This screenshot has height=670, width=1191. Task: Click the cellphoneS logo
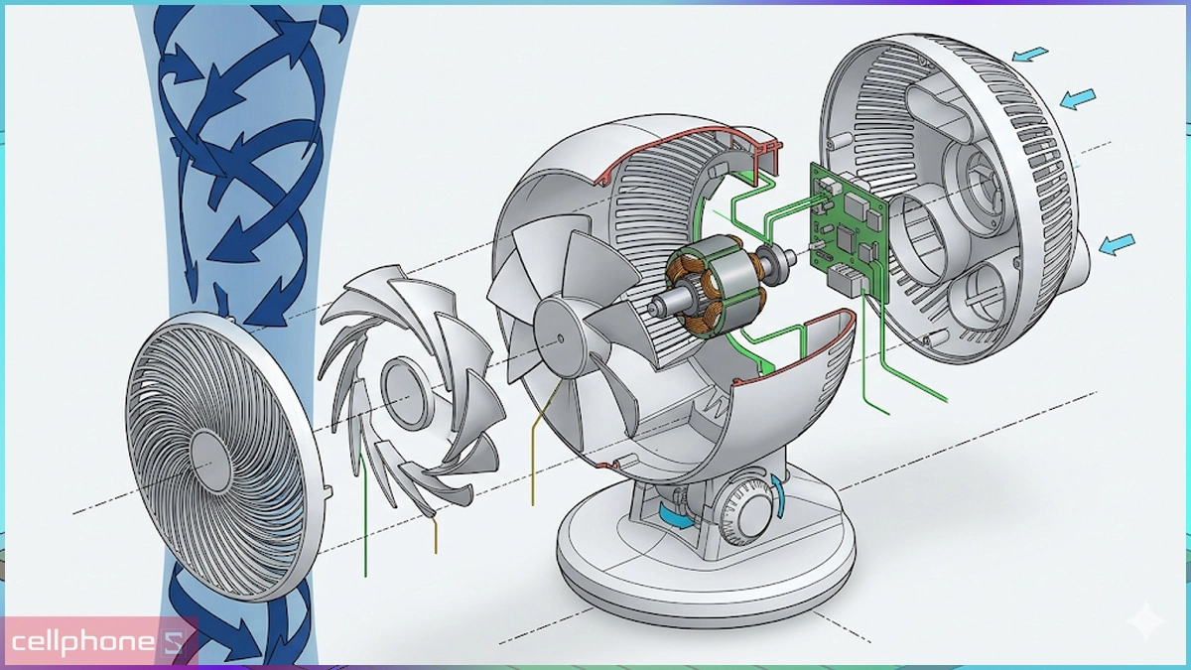(x=99, y=642)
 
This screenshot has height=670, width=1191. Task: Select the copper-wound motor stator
(x=716, y=293)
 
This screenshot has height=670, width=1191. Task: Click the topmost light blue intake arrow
(x=1029, y=54)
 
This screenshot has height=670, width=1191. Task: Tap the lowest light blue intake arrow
(x=1117, y=244)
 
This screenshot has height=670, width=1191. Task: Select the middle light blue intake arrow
(x=1078, y=99)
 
